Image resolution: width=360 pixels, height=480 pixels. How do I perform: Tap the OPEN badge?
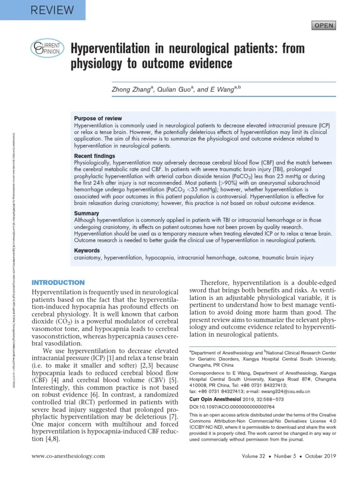click(x=324, y=25)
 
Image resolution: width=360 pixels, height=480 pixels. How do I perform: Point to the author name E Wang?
click(x=221, y=89)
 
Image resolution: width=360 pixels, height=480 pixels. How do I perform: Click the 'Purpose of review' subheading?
click(x=98, y=119)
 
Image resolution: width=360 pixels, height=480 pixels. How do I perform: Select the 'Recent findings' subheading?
click(x=94, y=156)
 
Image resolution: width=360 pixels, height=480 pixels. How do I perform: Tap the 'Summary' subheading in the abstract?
click(x=87, y=213)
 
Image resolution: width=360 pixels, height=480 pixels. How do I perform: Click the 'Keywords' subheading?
click(x=87, y=251)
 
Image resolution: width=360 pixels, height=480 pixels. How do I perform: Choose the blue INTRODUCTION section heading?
click(x=58, y=283)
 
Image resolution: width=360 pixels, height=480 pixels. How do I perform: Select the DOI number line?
click(x=232, y=407)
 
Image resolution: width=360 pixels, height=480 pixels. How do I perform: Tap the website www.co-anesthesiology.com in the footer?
click(x=68, y=456)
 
